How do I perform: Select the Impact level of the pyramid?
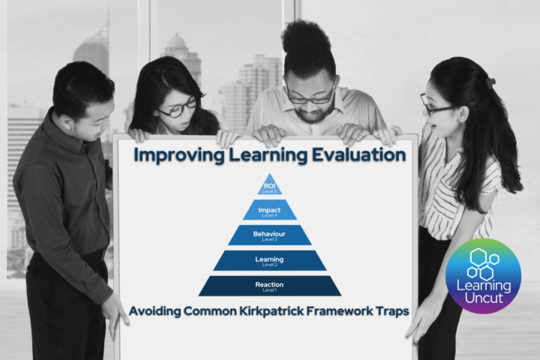[x=270, y=211]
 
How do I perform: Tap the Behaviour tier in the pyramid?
[x=270, y=235]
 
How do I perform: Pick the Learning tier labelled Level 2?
[x=270, y=260]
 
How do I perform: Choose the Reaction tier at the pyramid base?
[x=270, y=286]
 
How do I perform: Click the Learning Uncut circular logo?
[x=483, y=275]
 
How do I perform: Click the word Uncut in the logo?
[x=482, y=298]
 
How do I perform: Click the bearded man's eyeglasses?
[x=309, y=97]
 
